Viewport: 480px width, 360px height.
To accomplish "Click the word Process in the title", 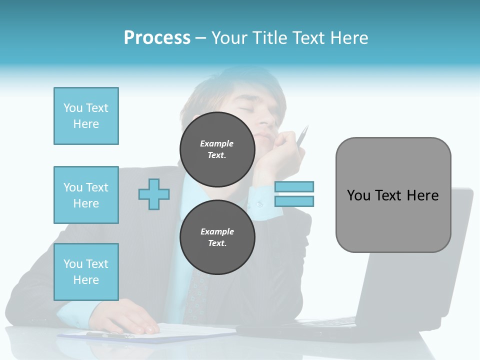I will click(157, 38).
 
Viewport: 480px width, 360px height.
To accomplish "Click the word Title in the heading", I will click(270, 38).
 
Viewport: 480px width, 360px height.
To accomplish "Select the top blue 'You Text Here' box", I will click(86, 116).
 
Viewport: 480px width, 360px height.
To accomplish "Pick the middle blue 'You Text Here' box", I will click(86, 195).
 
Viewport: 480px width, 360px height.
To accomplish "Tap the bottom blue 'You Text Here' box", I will click(86, 272).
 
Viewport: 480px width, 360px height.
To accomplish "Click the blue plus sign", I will click(154, 194).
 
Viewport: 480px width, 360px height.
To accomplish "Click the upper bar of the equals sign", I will click(294, 186).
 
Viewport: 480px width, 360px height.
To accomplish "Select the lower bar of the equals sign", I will click(294, 201).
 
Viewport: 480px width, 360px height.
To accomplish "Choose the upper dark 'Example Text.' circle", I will click(217, 149).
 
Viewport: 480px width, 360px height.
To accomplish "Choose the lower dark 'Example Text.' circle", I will click(217, 237).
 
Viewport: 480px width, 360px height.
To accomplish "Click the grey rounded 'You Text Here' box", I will click(393, 195).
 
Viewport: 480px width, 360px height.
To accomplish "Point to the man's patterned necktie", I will click(197, 295).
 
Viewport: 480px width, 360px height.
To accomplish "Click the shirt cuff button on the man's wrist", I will click(259, 204).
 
